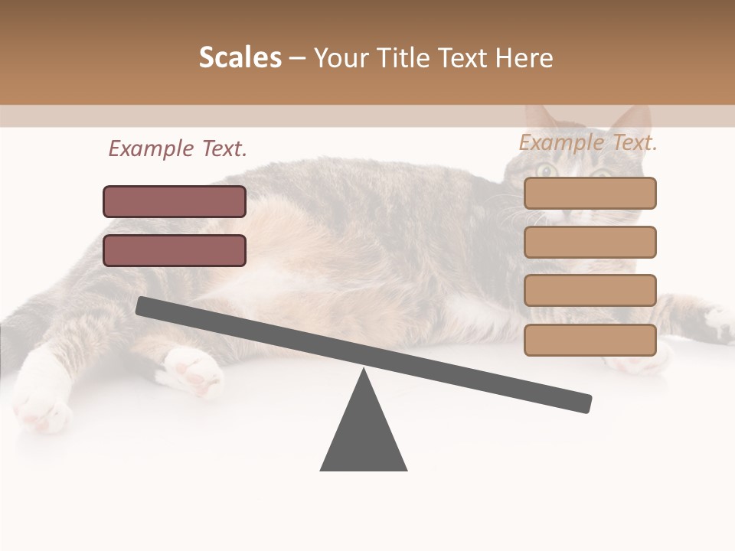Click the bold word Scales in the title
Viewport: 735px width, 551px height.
pos(240,58)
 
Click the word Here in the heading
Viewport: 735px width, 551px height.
pos(524,58)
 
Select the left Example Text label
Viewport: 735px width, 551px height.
pos(178,149)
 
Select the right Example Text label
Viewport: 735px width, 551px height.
pos(588,142)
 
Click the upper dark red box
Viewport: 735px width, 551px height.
pos(175,201)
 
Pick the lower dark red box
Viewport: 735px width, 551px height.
pos(175,250)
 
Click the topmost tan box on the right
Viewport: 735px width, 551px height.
pos(590,193)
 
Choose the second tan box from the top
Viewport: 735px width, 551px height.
pos(590,242)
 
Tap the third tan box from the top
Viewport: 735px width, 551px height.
pos(590,291)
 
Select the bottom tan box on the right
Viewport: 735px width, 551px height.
pos(590,340)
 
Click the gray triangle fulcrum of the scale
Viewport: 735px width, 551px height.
pos(364,436)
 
